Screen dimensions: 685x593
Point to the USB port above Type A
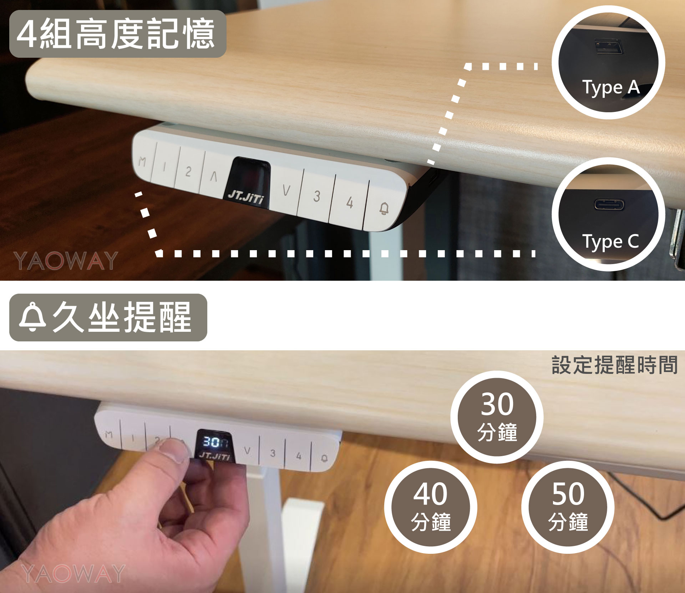coord(608,47)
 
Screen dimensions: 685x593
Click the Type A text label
coord(611,88)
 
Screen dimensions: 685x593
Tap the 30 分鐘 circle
coord(497,417)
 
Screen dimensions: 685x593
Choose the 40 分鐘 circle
coord(431,507)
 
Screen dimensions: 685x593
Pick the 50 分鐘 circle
coord(568,507)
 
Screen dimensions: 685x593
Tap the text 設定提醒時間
coord(614,365)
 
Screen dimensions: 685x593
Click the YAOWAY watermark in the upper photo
coord(66,261)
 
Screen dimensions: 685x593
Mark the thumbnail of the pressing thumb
coord(174,450)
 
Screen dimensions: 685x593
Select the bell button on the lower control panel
coord(324,458)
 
